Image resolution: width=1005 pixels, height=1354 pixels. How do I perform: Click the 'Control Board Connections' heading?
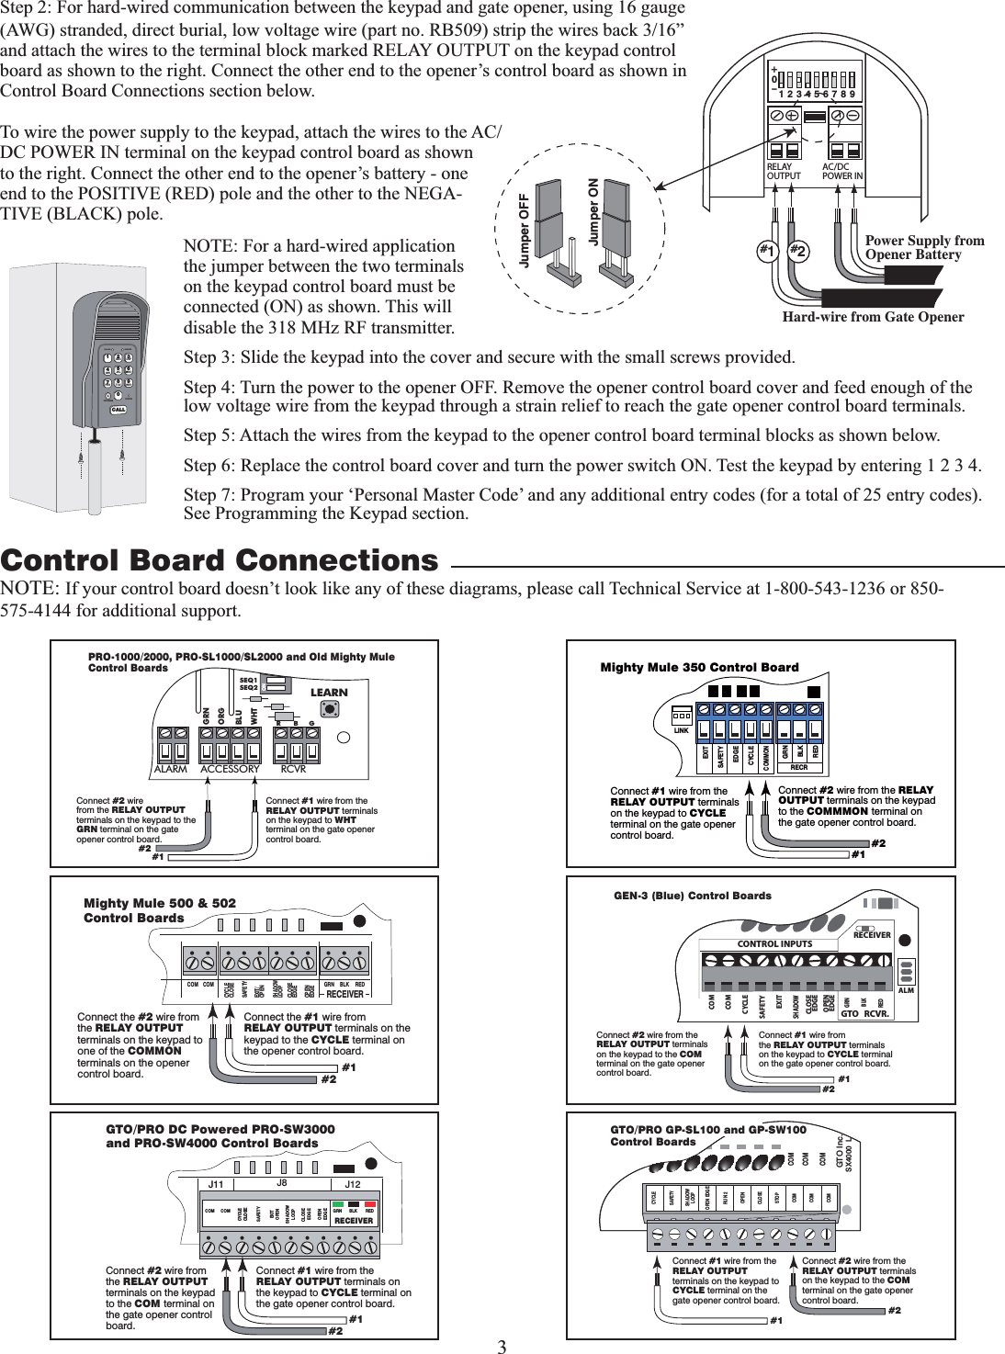click(220, 560)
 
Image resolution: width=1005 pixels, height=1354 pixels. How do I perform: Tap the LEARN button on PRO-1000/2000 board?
click(329, 710)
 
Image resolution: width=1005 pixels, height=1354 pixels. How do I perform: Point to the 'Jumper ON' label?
click(593, 212)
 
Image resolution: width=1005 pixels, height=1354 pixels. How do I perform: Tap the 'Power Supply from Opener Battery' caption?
click(924, 247)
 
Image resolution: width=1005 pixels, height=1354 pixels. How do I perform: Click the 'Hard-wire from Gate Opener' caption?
click(873, 317)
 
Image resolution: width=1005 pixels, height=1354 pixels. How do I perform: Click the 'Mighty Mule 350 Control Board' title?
click(699, 667)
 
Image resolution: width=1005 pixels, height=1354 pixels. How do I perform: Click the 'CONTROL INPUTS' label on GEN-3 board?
click(775, 943)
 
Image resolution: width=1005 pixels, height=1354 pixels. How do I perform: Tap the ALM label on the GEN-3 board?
click(907, 991)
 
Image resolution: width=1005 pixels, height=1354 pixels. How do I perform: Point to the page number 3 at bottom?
click(502, 1347)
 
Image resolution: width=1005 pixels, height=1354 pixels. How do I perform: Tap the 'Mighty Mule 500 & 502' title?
click(160, 903)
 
